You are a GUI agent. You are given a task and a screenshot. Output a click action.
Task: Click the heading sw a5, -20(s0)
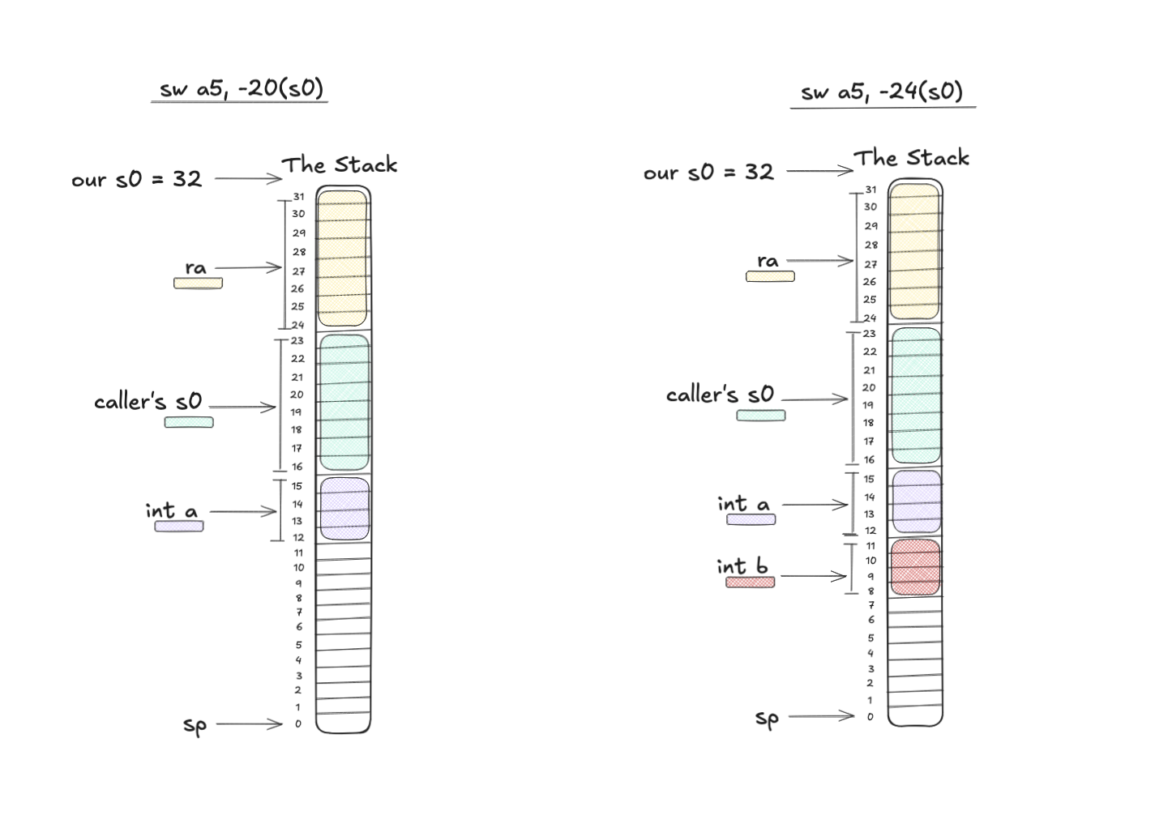(242, 88)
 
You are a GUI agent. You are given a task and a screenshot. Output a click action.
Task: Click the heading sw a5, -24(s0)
(882, 92)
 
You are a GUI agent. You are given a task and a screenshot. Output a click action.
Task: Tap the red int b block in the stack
(915, 567)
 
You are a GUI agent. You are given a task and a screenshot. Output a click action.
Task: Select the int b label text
(742, 566)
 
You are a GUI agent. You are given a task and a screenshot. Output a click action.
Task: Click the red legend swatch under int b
(751, 582)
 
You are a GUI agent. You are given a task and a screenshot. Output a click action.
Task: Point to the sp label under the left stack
(195, 726)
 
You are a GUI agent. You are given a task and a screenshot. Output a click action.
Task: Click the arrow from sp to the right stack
(821, 716)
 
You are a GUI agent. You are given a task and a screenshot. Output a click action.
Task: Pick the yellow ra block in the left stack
(343, 258)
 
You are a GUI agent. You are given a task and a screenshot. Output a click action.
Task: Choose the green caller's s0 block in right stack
(916, 395)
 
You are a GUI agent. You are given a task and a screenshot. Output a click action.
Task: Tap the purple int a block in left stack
(344, 509)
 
